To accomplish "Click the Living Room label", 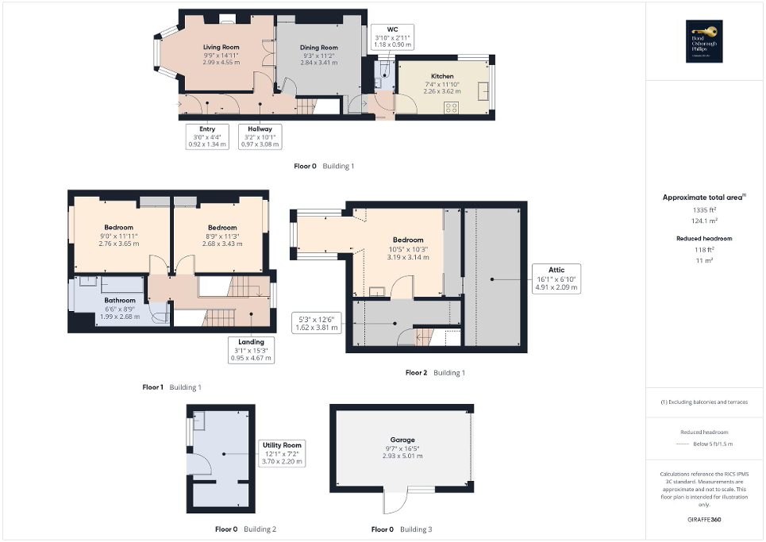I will pyautogui.click(x=221, y=48).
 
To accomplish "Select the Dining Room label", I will pyautogui.click(x=319, y=48).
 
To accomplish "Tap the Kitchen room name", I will pyautogui.click(x=442, y=76).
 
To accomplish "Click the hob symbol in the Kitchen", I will pyautogui.click(x=452, y=108).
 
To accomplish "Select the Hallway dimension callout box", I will pyautogui.click(x=260, y=136).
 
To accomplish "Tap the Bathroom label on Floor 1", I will pyautogui.click(x=120, y=301).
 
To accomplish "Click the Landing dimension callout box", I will pyautogui.click(x=250, y=350).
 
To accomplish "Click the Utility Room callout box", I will pyautogui.click(x=283, y=453).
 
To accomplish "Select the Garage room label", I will pyautogui.click(x=402, y=440).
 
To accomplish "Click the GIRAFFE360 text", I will pyautogui.click(x=704, y=520).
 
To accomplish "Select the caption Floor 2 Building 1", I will pyautogui.click(x=435, y=372).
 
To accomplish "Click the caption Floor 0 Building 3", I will pyautogui.click(x=402, y=529).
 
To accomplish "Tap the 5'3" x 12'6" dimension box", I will pyautogui.click(x=314, y=323).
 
